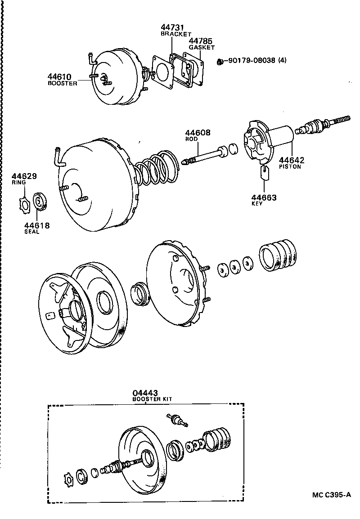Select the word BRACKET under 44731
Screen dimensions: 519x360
coord(176,34)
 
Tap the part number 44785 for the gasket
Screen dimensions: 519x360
coord(201,41)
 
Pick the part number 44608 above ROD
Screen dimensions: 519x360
coord(198,133)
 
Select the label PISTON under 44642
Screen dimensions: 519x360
coord(290,166)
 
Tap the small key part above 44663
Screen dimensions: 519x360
coord(265,172)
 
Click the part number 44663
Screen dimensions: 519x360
coord(264,197)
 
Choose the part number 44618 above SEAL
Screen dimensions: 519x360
coord(37,225)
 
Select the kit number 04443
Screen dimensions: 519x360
coord(145,393)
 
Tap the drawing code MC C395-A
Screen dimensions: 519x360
coord(332,495)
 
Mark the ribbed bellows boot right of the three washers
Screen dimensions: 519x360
coord(277,255)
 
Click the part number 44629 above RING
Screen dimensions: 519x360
coord(24,176)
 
